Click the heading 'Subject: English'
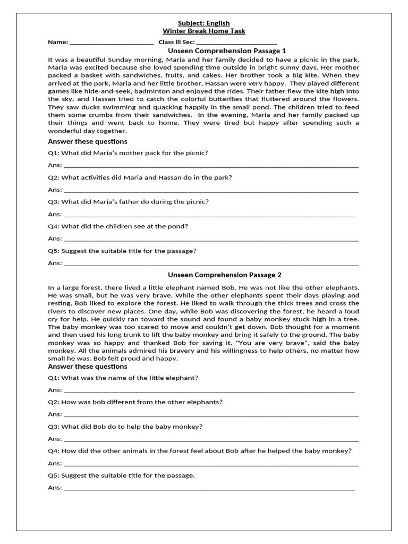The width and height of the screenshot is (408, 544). coord(204,23)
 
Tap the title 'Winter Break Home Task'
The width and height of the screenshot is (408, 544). coord(204,31)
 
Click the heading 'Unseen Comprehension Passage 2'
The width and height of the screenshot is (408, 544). coord(225,275)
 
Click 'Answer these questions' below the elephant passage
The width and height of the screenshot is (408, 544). coord(88,367)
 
